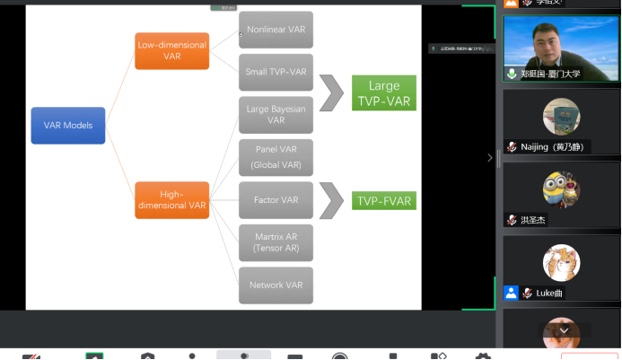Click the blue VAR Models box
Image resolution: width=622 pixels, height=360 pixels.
(x=68, y=125)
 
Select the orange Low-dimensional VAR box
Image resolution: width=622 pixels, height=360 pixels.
(x=172, y=50)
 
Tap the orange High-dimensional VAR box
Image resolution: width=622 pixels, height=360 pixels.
(x=172, y=199)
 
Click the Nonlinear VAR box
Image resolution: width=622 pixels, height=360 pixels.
(x=276, y=30)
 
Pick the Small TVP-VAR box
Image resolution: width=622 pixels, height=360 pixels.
(x=276, y=73)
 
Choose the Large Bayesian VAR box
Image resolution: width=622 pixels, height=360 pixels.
(x=276, y=115)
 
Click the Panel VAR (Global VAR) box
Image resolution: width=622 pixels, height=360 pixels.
(x=276, y=157)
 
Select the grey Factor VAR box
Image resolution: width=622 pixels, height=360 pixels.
(x=276, y=199)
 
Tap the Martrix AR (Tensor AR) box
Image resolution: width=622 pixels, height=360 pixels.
(x=276, y=241)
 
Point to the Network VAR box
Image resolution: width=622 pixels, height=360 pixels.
(x=276, y=285)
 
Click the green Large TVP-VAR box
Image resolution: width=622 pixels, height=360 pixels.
(x=383, y=93)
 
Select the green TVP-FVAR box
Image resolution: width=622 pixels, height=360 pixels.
(x=383, y=200)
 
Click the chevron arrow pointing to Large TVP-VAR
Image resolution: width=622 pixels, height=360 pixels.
(x=332, y=93)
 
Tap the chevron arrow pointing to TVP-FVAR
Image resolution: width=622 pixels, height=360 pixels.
(x=332, y=200)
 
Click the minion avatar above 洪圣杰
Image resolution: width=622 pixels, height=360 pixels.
(x=561, y=189)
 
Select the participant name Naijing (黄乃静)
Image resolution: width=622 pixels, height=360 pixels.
(x=556, y=146)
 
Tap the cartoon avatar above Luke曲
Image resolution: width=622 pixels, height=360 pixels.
(x=561, y=262)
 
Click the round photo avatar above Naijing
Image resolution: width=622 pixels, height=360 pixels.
(x=561, y=116)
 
